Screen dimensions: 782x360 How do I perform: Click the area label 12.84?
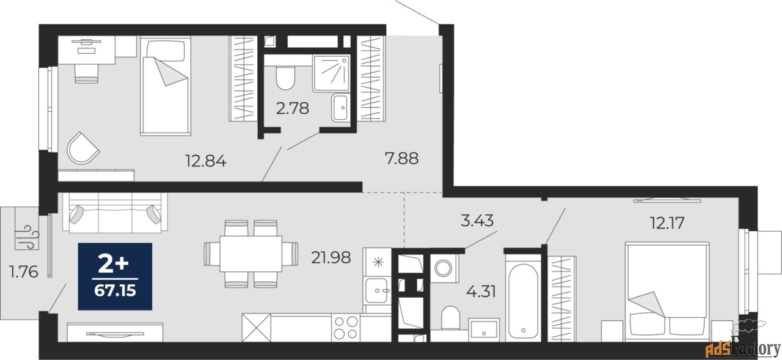206,161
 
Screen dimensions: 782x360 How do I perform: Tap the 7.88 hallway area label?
401,158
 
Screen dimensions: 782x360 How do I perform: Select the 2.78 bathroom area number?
293,109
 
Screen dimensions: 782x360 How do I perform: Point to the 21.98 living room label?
331,258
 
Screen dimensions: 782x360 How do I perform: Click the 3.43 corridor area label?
477,221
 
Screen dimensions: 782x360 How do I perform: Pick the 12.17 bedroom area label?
667,222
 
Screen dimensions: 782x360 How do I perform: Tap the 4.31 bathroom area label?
481,291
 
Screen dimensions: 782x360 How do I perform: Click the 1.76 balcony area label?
24,272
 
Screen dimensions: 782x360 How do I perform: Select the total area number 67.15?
115,290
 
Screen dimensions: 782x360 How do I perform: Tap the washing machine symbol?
444,268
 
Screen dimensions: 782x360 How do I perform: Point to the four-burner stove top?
346,328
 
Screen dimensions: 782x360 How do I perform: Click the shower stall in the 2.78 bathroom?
331,73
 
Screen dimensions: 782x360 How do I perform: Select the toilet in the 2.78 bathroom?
285,78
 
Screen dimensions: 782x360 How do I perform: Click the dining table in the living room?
251,254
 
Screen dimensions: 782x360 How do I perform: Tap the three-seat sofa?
115,213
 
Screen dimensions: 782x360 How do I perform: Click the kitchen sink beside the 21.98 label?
377,291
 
